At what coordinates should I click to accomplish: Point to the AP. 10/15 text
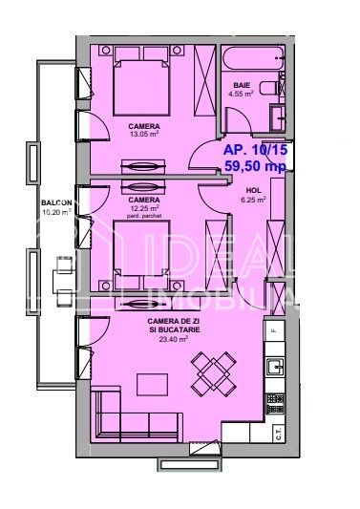pyautogui.click(x=254, y=150)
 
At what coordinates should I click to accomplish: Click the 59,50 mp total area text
pyautogui.click(x=254, y=166)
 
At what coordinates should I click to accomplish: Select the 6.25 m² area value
pyautogui.click(x=252, y=201)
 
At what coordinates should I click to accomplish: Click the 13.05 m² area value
pyautogui.click(x=144, y=134)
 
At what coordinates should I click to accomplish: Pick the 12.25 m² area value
pyautogui.click(x=141, y=208)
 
